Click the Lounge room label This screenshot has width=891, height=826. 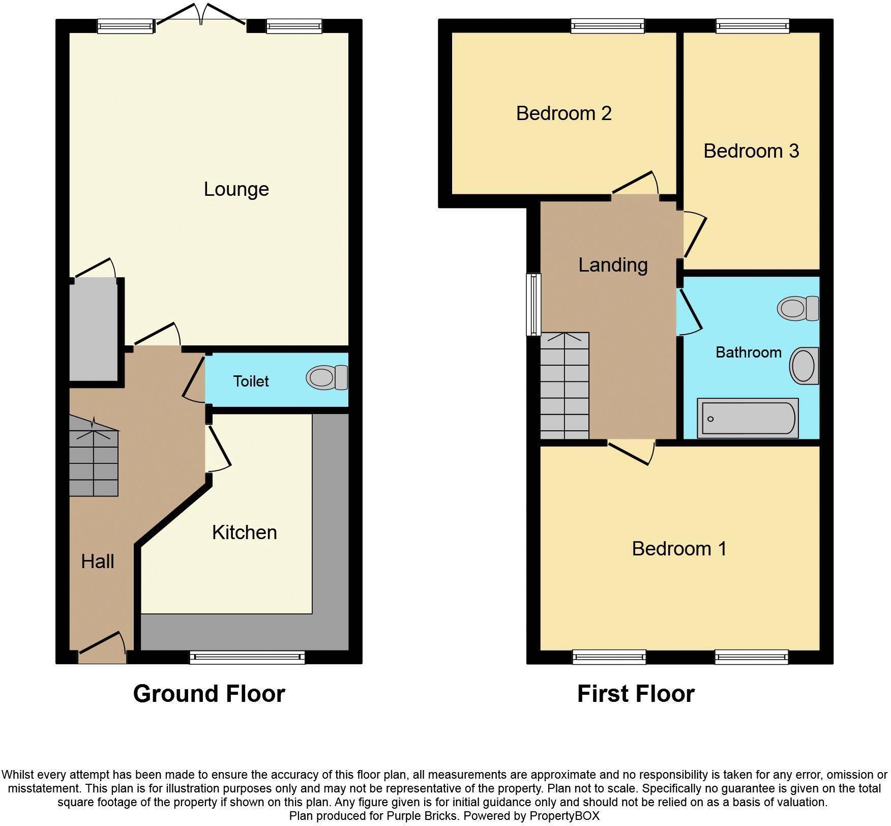coord(236,189)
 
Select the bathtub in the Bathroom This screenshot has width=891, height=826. coord(747,418)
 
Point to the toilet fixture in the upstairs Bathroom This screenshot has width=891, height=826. coord(797,308)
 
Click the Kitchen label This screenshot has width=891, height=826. coord(244,533)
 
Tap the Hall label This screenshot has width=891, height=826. coord(97,562)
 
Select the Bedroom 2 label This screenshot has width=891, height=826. coord(563,113)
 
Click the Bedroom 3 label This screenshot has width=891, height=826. coord(751,151)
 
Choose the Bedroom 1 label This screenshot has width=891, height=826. coord(679,549)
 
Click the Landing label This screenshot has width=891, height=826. coord(613,265)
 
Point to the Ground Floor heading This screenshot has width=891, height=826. coord(209,694)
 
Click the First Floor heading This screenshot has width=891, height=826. coord(635,694)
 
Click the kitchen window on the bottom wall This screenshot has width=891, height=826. coord(247,658)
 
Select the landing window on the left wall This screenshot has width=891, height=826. coord(533,304)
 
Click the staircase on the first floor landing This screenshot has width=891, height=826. coord(565,386)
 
